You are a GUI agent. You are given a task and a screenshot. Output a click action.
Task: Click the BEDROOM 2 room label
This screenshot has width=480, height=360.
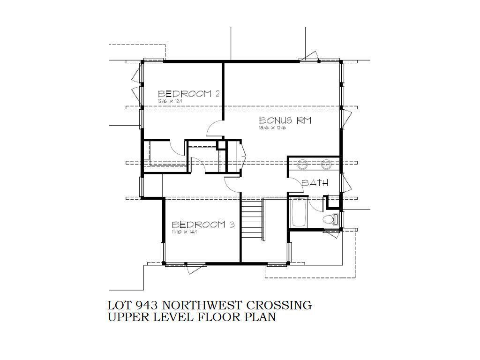tap(189, 94)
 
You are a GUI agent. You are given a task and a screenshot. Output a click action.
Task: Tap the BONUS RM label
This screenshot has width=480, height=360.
tap(285, 120)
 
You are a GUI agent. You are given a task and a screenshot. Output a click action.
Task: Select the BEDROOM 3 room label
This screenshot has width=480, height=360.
tap(203, 225)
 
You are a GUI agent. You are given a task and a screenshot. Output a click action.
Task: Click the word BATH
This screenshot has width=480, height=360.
tap(315, 183)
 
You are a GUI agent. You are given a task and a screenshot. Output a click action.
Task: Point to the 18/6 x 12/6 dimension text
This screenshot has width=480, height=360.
tap(272, 128)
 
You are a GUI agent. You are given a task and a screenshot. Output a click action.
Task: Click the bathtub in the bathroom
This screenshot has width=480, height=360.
tap(298, 212)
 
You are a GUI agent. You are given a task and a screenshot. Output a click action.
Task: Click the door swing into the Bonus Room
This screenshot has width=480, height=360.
tap(215, 128)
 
